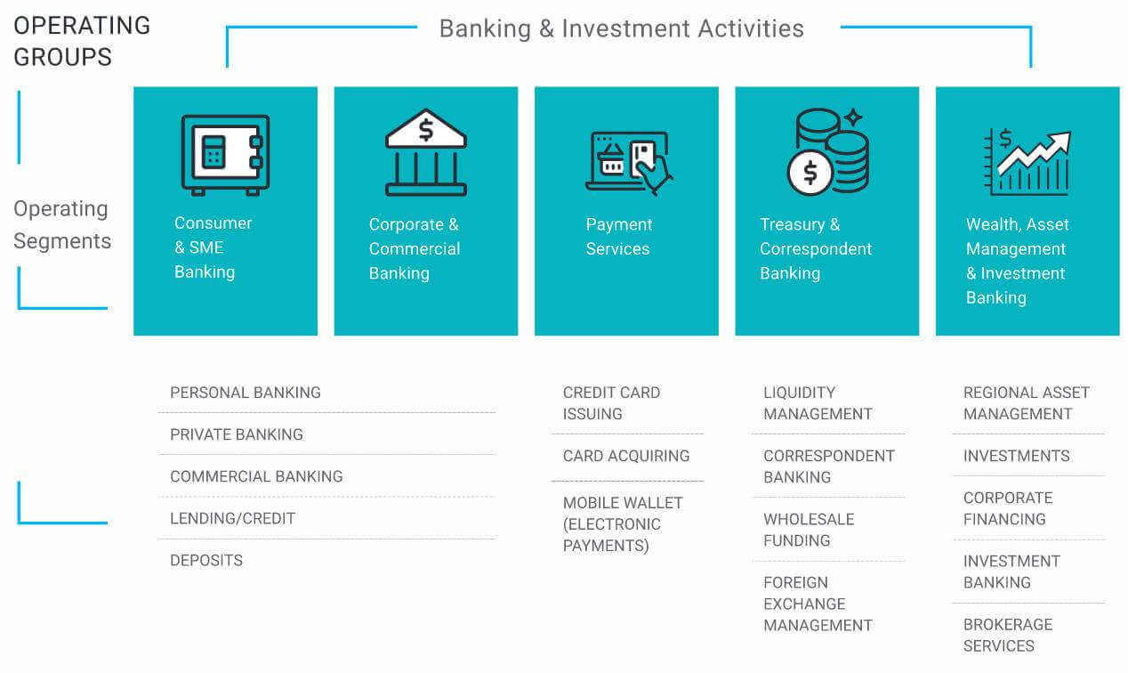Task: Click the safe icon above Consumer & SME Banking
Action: (225, 155)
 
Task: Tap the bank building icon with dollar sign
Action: (426, 152)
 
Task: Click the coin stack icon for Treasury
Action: (828, 151)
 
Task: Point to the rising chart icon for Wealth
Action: (1027, 162)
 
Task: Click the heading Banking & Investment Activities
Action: (622, 28)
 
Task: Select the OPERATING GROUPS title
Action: (82, 41)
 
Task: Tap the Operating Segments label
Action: (62, 224)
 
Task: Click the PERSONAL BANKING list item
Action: (246, 393)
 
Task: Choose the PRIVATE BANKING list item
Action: (236, 434)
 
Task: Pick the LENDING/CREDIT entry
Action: (233, 518)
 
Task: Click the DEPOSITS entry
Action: (206, 560)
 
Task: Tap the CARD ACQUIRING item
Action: (626, 456)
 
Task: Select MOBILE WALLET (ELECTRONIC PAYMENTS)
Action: (623, 524)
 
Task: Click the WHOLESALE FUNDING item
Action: (809, 530)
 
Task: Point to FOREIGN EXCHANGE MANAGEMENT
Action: (818, 604)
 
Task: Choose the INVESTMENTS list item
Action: (1016, 456)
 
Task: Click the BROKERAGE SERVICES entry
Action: (1008, 636)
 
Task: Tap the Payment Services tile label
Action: (618, 236)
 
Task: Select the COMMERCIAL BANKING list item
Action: (256, 476)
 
